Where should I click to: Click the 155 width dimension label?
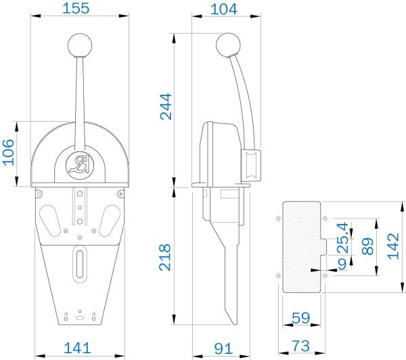coord(76,8)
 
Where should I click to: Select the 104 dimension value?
coord(223,9)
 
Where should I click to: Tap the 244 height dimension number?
coord(166,107)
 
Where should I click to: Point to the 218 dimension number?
coord(165,257)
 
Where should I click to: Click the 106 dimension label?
coord(9,152)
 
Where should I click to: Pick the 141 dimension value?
coord(77,348)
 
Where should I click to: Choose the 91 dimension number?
coord(223,348)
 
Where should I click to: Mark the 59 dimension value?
coord(300,318)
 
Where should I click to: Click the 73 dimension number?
coord(300,346)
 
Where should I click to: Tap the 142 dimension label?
coord(393,246)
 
